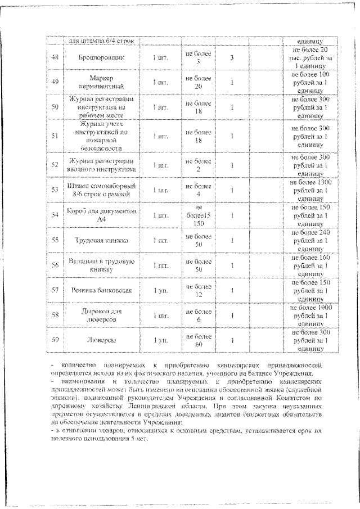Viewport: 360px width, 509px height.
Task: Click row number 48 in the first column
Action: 55,57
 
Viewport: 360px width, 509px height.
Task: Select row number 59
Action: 55,340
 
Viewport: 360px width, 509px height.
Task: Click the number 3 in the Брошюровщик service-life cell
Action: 231,57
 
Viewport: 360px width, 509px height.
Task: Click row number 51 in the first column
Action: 55,136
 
